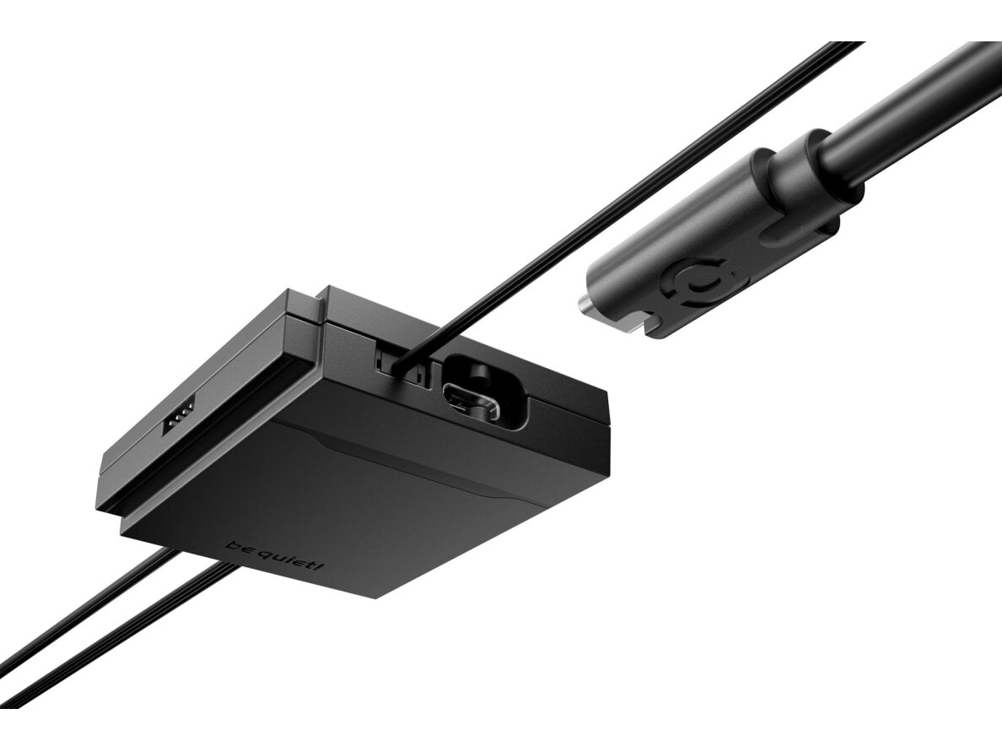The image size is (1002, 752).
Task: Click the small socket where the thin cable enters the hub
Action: click(401, 365)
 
